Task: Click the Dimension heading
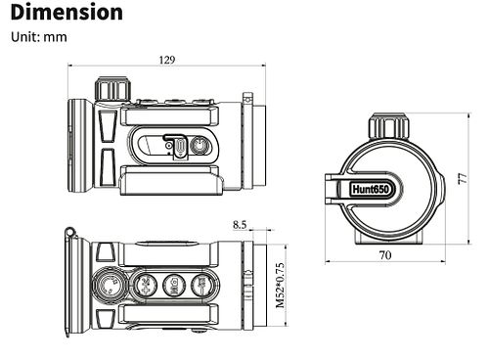click(x=67, y=13)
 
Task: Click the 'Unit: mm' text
click(x=39, y=37)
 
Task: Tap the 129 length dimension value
click(x=167, y=60)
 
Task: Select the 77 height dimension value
click(x=463, y=178)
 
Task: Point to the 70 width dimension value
click(x=385, y=255)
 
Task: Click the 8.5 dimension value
click(x=240, y=225)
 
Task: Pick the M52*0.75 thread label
click(x=280, y=286)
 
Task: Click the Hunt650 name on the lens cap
click(x=371, y=189)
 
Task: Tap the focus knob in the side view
click(x=112, y=89)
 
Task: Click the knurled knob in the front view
click(x=389, y=126)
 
